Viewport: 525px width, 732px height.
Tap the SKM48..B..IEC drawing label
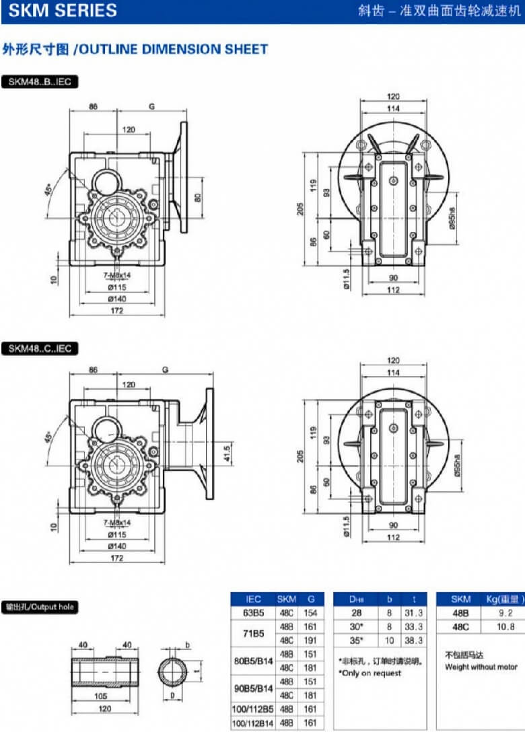40,82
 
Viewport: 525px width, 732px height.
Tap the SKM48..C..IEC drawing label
40,349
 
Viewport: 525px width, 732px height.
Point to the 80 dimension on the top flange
197,198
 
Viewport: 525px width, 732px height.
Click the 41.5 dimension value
227,453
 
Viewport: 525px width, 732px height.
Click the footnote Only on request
370,673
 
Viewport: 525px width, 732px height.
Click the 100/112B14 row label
253,723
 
